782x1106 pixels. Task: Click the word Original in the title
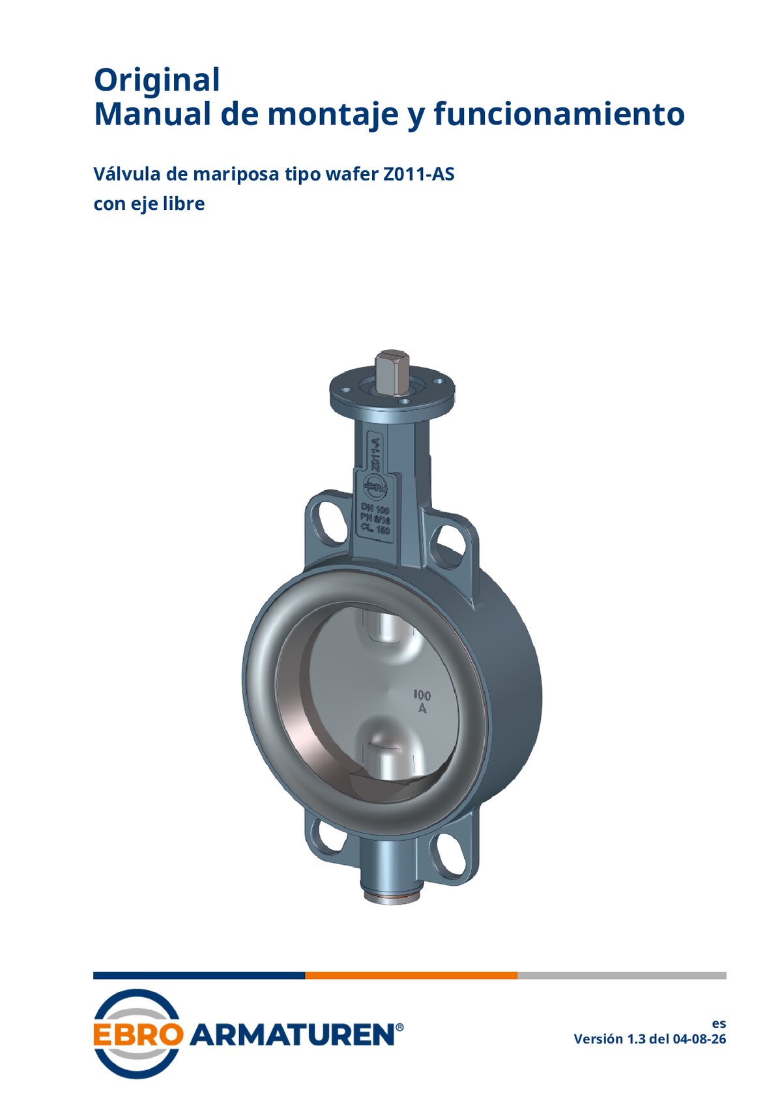156,80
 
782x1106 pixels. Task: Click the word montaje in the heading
332,115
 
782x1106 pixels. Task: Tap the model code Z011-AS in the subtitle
418,174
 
